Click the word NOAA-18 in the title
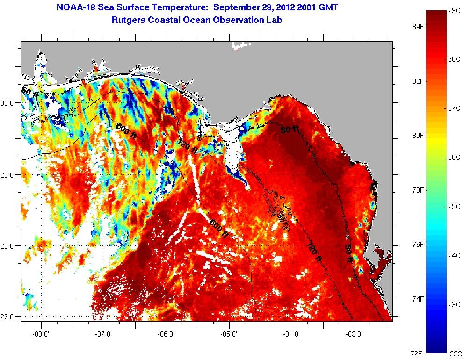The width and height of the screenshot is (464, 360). [74, 7]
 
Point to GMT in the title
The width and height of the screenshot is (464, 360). [327, 7]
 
